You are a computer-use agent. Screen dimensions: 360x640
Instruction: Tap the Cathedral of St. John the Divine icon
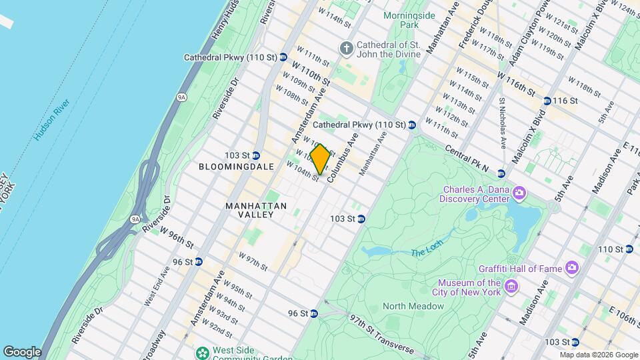point(346,47)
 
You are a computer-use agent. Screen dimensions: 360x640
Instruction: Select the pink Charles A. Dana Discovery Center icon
point(519,194)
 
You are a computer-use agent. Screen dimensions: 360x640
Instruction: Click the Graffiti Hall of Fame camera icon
point(571,268)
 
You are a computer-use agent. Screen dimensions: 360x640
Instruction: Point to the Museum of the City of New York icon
point(511,287)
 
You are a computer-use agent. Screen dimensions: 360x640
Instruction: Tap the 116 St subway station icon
point(547,101)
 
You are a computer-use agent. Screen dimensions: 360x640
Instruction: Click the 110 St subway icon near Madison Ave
point(629,249)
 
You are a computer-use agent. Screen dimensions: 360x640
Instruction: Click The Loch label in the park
point(426,252)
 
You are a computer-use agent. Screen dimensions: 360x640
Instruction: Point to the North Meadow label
point(413,306)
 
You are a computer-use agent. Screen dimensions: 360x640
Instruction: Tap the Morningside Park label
point(401,19)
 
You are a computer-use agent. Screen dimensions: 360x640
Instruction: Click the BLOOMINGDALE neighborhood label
point(236,167)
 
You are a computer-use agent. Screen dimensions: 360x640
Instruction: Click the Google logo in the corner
point(21,352)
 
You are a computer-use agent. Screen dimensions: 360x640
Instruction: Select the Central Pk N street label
point(466,159)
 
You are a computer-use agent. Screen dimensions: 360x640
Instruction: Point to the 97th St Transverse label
point(381,334)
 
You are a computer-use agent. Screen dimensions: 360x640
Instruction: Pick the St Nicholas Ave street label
point(502,124)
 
